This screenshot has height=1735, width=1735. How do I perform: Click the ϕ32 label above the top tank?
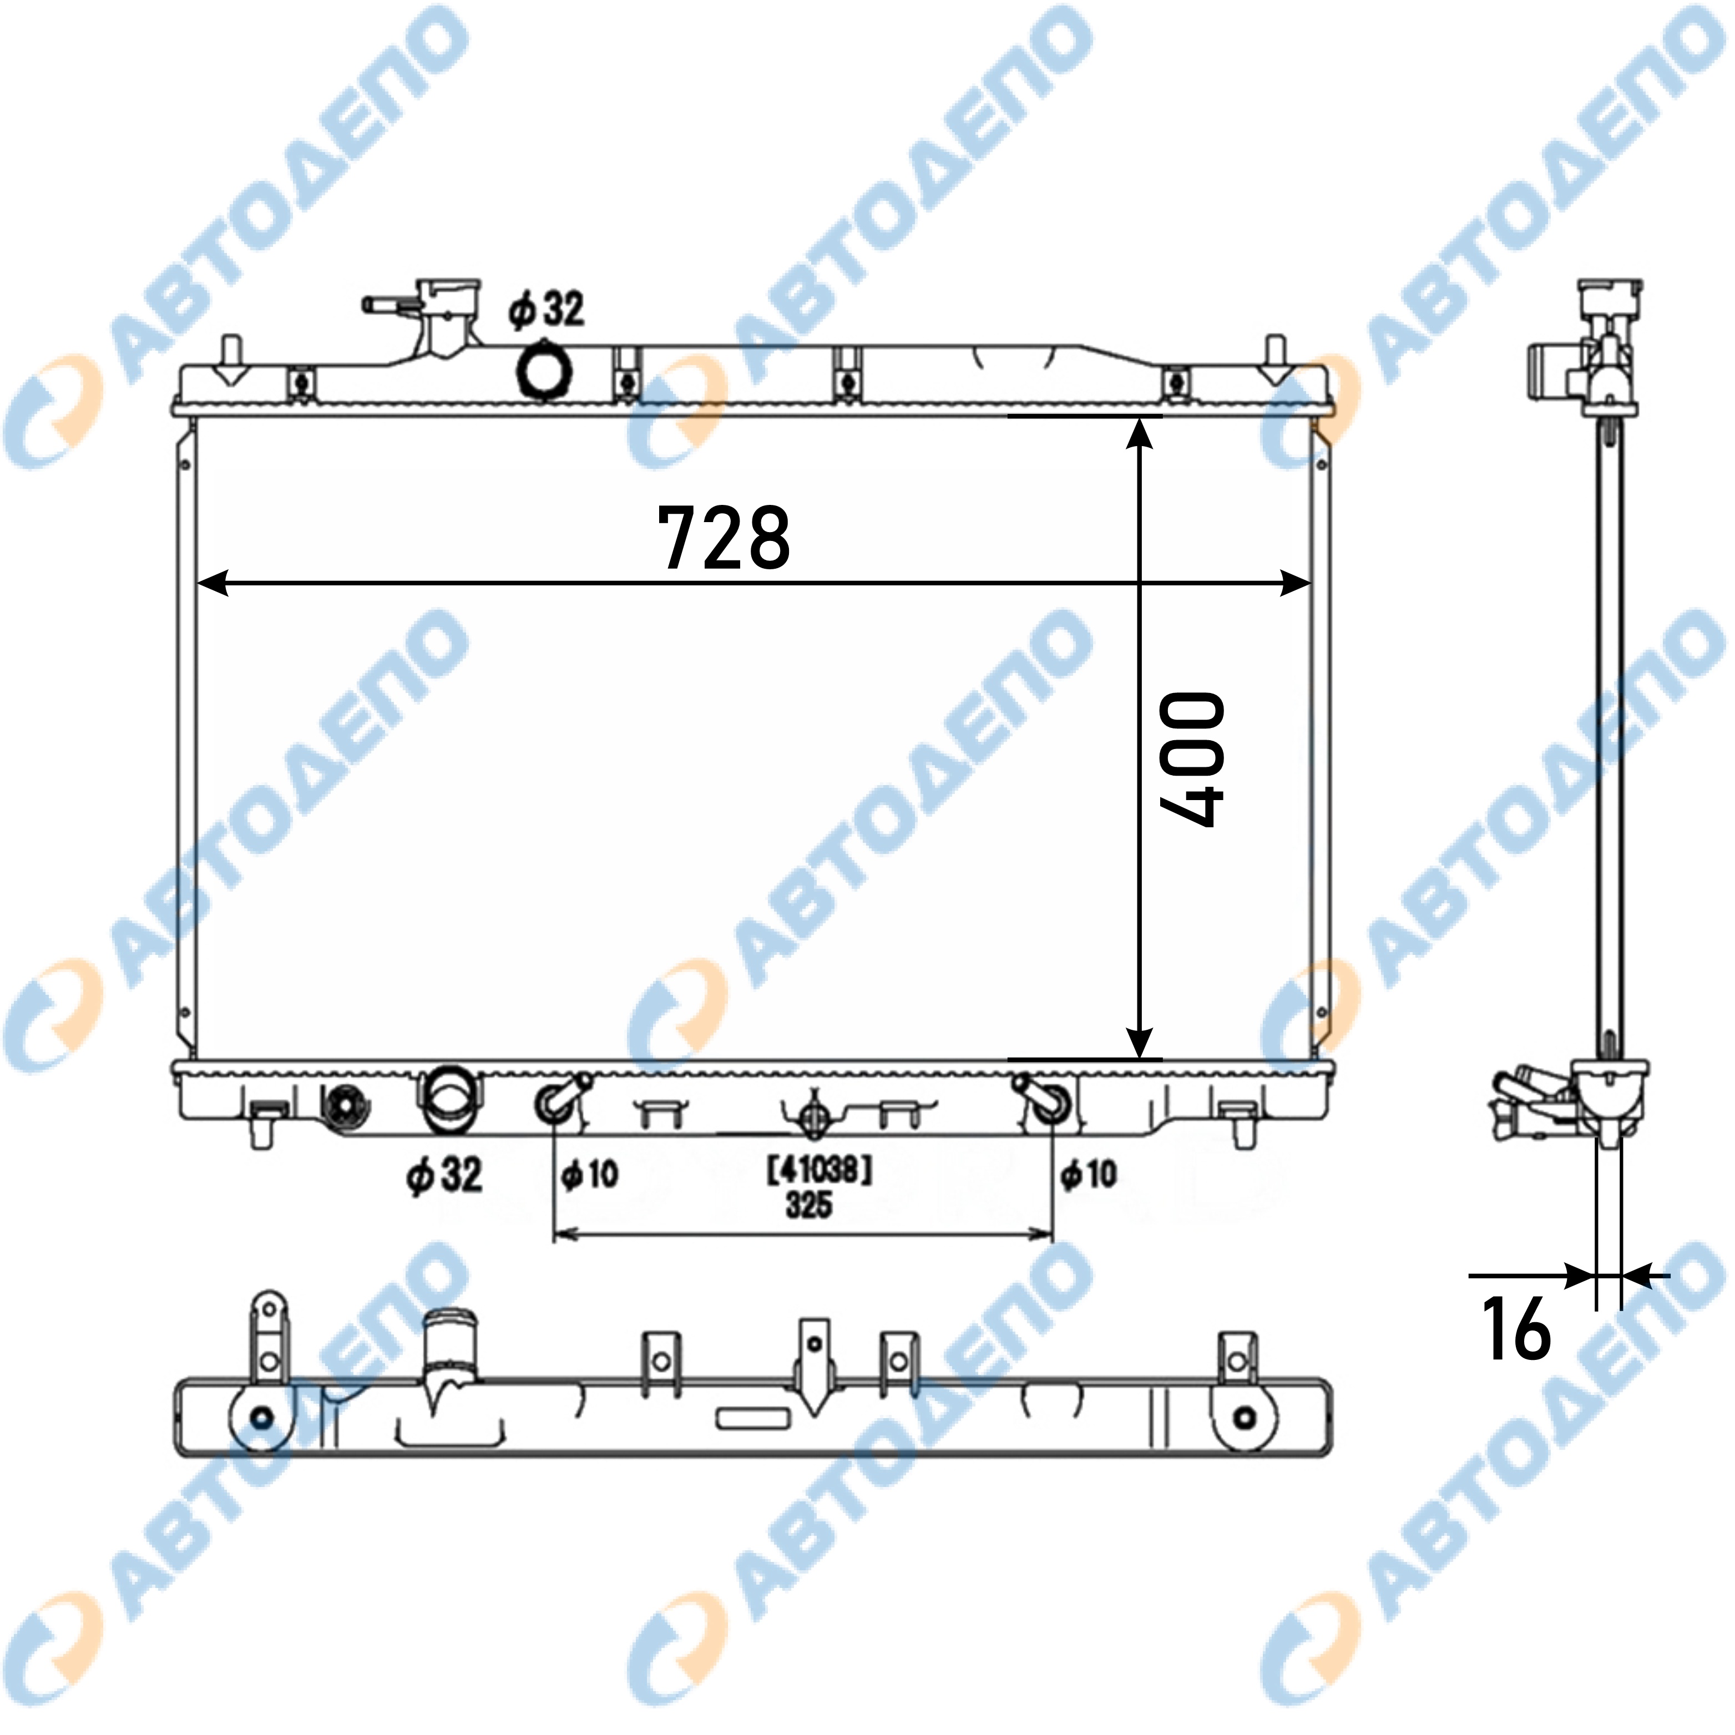point(546,309)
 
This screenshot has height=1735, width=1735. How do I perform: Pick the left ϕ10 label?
point(590,1173)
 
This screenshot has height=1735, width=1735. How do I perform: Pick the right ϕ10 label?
point(1089,1173)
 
